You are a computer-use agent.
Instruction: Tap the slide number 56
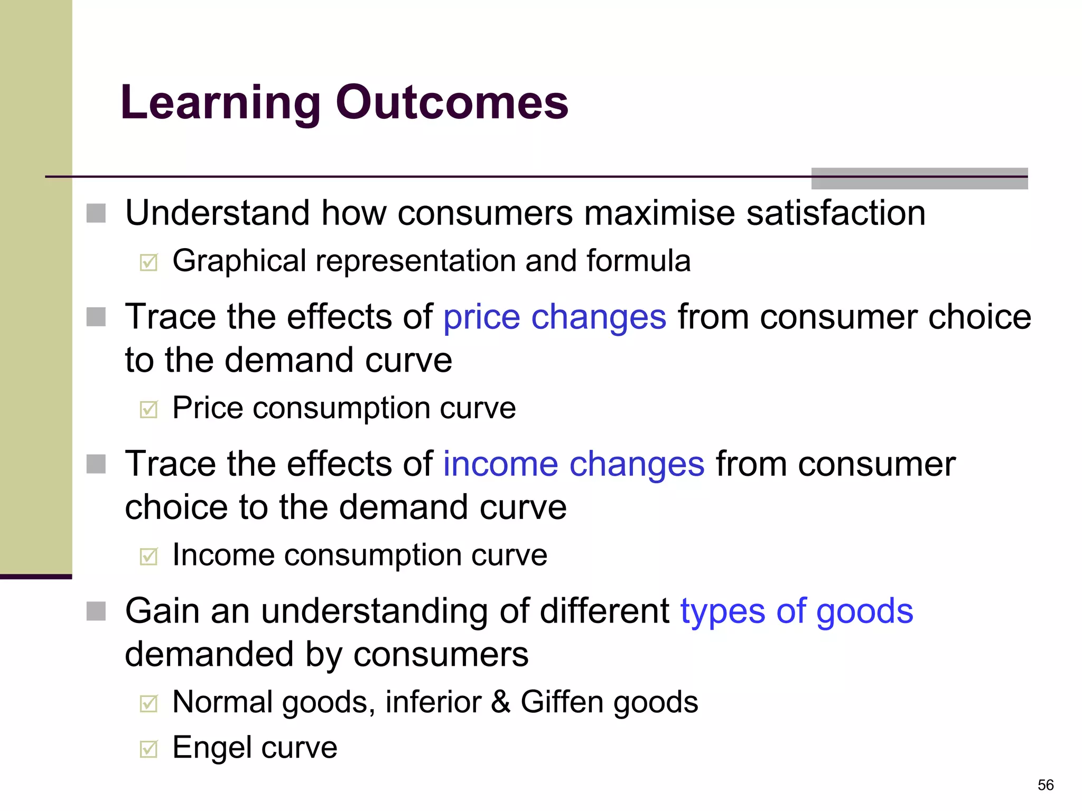click(x=1045, y=785)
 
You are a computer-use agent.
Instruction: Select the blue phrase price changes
click(x=555, y=317)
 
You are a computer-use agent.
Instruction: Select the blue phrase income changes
click(x=573, y=464)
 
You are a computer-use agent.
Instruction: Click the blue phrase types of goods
click(x=796, y=611)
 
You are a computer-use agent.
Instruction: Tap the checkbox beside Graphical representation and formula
click(x=149, y=262)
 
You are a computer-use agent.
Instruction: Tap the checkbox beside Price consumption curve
click(x=149, y=409)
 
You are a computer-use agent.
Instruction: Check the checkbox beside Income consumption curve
click(x=149, y=556)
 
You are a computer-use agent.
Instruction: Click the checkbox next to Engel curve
click(x=149, y=748)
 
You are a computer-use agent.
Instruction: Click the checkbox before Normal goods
click(x=149, y=703)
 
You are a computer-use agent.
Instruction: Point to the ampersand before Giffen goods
click(x=501, y=702)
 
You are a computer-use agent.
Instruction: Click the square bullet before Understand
click(x=96, y=213)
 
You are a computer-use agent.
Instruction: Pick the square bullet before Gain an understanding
click(x=96, y=611)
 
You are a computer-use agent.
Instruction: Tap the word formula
click(x=638, y=261)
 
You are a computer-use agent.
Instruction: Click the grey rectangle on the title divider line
click(x=919, y=178)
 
